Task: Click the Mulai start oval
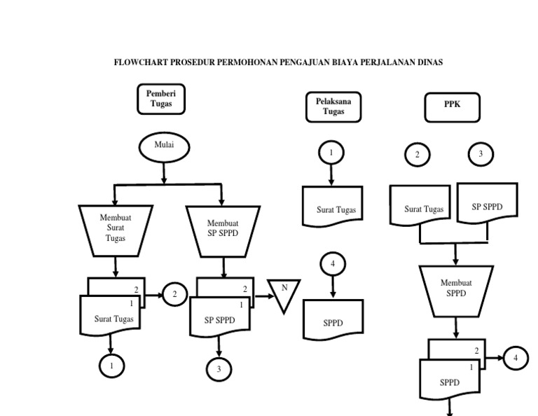tap(163, 146)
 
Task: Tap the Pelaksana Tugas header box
tap(333, 106)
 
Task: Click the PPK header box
tap(452, 106)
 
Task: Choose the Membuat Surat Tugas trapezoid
tap(115, 230)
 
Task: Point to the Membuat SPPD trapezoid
tap(456, 289)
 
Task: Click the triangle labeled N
tap(284, 293)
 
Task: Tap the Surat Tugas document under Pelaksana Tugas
tap(332, 207)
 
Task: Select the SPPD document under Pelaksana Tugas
tap(333, 321)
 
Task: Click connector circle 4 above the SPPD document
tap(333, 265)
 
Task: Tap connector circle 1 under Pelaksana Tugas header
tap(331, 152)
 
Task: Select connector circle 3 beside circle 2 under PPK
tap(480, 154)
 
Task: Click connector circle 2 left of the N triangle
tap(174, 295)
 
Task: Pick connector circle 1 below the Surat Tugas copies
tap(111, 365)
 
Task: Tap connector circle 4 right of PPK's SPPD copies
tap(516, 358)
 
